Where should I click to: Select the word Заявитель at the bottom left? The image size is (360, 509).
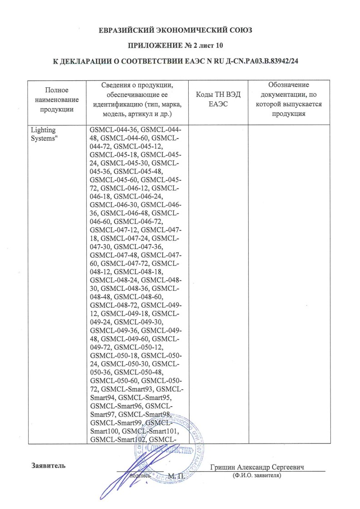[x=48, y=465]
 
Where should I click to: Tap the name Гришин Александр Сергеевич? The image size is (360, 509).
[x=257, y=468]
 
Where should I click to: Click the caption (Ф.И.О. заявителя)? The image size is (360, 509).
[x=256, y=476]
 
